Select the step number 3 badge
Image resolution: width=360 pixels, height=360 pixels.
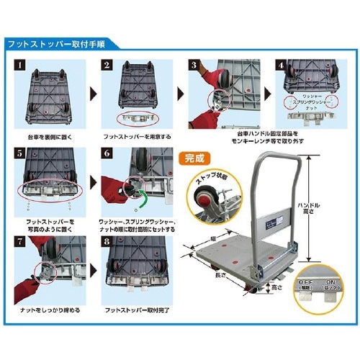[194, 65]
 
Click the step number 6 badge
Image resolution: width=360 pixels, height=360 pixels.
[108, 153]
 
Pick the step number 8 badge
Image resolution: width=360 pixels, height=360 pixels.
[108, 241]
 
